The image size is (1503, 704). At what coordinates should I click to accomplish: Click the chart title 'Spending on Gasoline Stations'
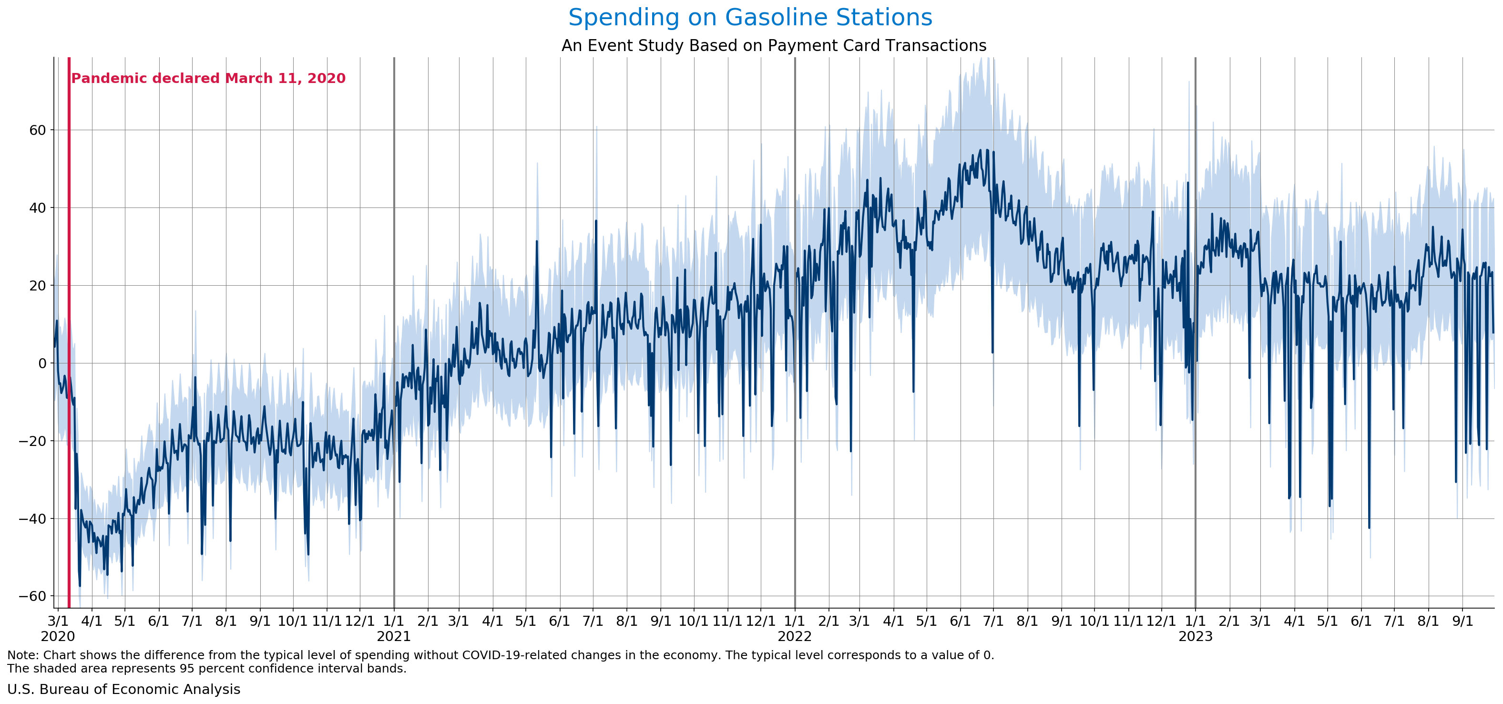tap(750, 18)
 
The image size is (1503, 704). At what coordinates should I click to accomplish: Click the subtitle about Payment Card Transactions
tap(774, 45)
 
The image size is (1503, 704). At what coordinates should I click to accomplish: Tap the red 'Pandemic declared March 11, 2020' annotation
tap(208, 78)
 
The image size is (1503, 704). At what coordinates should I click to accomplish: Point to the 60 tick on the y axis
tap(37, 130)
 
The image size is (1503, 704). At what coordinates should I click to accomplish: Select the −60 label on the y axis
tap(33, 596)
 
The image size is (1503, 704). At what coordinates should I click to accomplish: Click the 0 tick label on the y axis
tap(42, 363)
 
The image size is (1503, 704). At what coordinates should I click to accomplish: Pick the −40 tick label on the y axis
tap(33, 518)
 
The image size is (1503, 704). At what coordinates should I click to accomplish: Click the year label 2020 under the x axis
tap(58, 636)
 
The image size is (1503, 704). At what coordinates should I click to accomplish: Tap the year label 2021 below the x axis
tap(394, 636)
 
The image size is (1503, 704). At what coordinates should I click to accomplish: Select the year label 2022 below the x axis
tap(795, 636)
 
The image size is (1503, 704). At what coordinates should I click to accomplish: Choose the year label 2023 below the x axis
tap(1196, 636)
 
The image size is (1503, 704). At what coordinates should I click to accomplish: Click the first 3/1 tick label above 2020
tap(58, 621)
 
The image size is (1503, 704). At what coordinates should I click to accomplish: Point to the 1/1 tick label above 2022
tap(795, 621)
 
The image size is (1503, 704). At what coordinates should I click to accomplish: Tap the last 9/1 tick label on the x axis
tap(1462, 621)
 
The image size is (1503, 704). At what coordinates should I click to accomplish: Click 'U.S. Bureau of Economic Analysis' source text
tap(123, 689)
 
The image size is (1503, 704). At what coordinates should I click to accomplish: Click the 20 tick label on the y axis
tap(37, 285)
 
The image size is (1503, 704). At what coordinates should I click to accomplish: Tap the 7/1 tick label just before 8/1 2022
tap(993, 621)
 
